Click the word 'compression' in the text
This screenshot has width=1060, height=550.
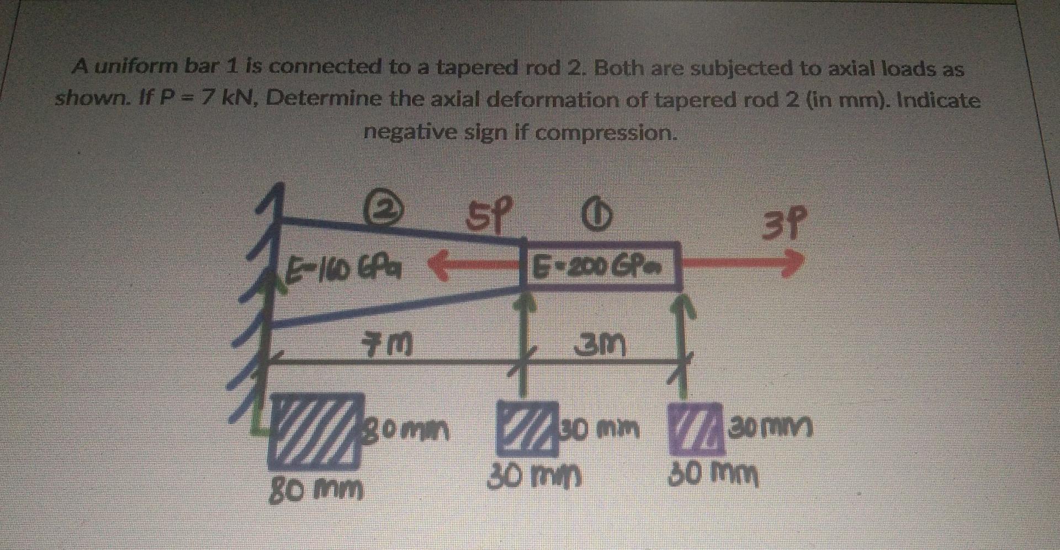pos(605,133)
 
